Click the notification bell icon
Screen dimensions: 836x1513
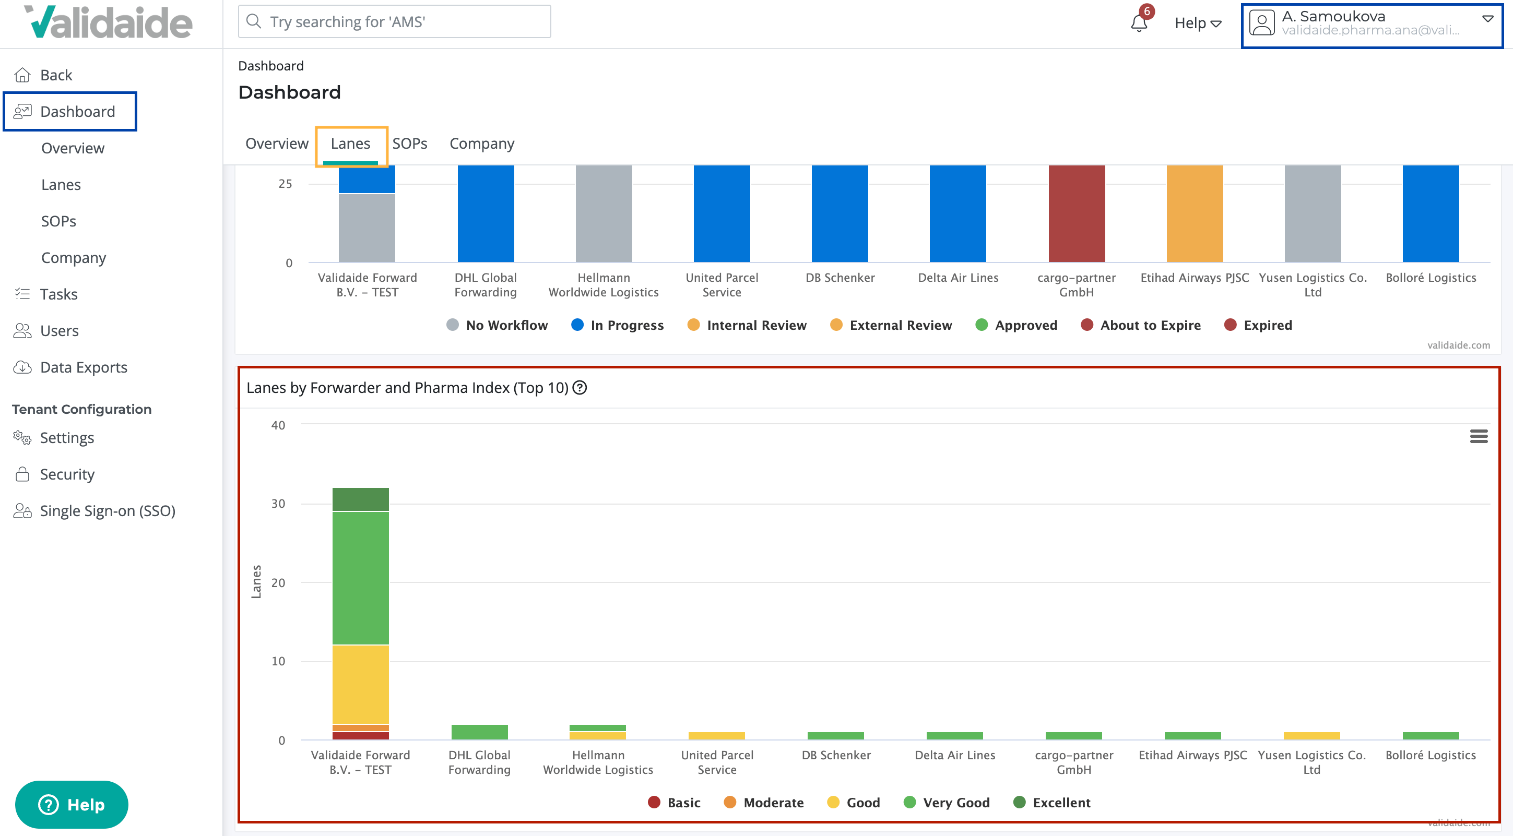1138,23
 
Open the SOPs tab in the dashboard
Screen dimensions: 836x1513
409,144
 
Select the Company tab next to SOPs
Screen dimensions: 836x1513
481,144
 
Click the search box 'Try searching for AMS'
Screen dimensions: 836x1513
395,22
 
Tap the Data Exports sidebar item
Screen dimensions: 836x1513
84,367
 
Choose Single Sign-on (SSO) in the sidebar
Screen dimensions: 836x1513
108,511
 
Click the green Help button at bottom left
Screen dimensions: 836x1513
72,804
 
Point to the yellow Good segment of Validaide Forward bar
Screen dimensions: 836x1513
360,684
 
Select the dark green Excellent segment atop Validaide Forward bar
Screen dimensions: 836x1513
360,499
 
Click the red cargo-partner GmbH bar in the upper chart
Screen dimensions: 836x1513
1076,214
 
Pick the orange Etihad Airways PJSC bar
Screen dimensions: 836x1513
1194,214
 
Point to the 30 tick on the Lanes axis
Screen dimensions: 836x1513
278,504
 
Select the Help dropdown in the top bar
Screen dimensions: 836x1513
1198,23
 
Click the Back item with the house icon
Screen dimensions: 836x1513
55,75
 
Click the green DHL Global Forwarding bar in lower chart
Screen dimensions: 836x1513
479,732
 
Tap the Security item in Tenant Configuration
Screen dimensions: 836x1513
66,474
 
